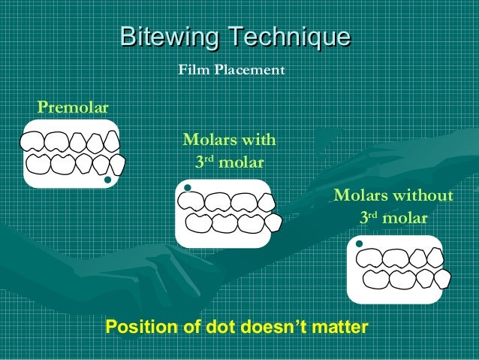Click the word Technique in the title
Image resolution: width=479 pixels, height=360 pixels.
[289, 37]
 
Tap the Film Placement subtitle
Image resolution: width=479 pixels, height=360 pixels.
[230, 71]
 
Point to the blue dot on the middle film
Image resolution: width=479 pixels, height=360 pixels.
[188, 187]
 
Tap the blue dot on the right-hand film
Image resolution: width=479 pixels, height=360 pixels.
[360, 244]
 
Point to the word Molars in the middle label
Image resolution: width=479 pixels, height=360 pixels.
[212, 140]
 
